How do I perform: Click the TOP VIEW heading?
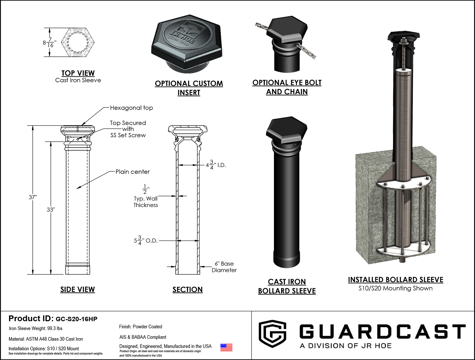(78, 73)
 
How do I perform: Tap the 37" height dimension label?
(33, 197)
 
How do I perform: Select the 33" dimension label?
(51, 210)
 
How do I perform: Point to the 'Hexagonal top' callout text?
(131, 108)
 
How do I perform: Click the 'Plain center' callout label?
(133, 172)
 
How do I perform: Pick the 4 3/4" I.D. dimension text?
(216, 165)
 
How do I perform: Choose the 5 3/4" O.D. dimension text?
(146, 240)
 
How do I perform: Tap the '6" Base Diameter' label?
(224, 267)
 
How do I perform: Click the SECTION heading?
(187, 290)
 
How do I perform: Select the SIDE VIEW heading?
(78, 289)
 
